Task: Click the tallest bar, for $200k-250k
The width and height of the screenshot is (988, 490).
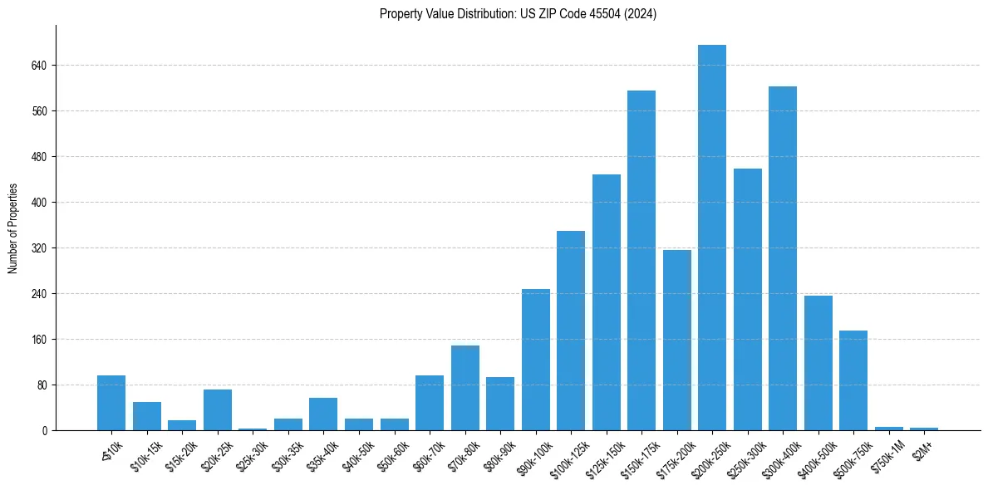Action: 712,238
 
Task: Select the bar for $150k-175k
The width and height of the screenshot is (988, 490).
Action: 641,260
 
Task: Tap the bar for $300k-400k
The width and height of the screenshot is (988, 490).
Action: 783,258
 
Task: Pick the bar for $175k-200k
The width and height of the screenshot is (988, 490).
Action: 676,340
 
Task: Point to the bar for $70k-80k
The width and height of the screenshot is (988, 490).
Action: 465,388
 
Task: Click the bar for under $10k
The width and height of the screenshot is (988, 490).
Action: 111,403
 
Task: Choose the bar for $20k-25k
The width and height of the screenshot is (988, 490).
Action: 217,409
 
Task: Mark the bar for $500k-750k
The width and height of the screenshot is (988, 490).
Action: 853,380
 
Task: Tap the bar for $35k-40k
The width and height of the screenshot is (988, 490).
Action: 323,414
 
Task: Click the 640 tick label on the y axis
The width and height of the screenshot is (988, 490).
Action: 39,66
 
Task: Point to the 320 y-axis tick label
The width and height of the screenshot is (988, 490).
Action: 39,248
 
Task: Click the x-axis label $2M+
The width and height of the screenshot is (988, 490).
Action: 923,450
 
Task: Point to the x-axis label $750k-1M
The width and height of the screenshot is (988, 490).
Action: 886,455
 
